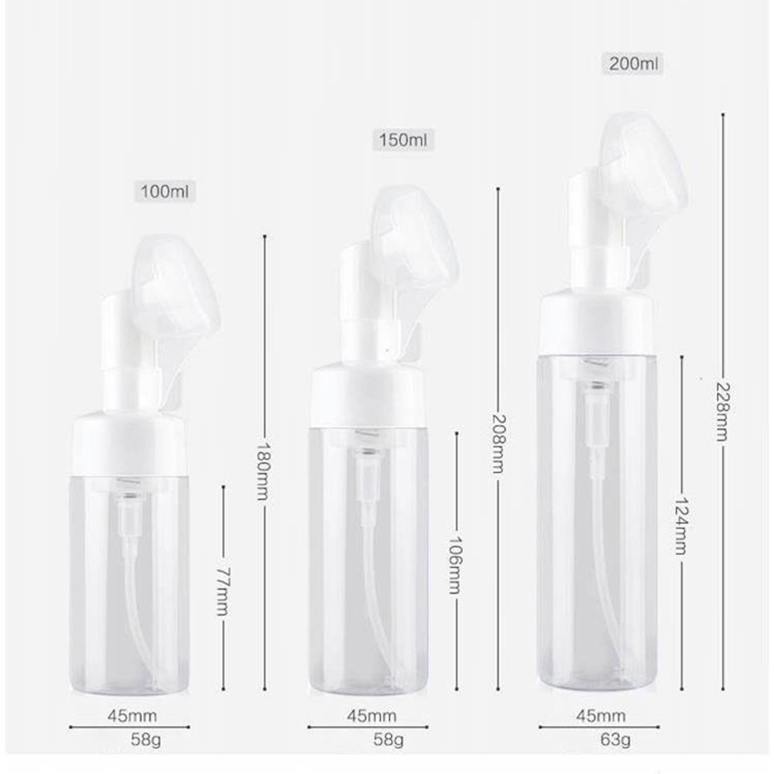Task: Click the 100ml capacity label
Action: point(165,191)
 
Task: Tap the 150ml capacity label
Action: point(402,140)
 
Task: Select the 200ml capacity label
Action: point(633,63)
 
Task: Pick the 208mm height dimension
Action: point(498,444)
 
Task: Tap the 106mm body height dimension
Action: point(455,565)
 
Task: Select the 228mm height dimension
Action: point(721,412)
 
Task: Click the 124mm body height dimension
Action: point(681,526)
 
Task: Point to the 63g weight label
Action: point(615,739)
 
